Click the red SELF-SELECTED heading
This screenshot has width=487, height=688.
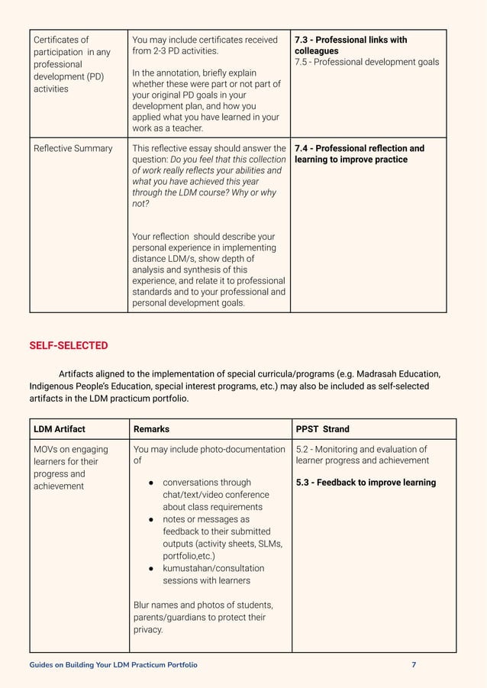point(68,346)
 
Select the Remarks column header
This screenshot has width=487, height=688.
point(151,429)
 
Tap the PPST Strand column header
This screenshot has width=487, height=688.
point(322,429)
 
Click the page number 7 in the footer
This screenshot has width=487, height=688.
point(414,665)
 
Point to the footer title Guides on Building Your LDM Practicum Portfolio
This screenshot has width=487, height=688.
point(113,665)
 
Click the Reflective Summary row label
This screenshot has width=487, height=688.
point(73,148)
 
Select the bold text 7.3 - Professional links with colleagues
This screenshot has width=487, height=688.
point(350,45)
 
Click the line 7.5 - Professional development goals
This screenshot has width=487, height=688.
point(366,62)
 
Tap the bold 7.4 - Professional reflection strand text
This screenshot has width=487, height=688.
point(359,153)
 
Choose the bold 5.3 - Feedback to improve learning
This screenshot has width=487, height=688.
point(366,483)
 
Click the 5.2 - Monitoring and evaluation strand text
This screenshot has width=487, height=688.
point(361,454)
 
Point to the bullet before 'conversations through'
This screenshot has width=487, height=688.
point(152,483)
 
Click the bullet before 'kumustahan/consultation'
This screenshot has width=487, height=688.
point(152,569)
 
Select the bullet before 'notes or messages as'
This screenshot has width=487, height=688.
point(152,519)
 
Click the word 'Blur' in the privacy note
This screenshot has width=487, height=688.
point(143,605)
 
